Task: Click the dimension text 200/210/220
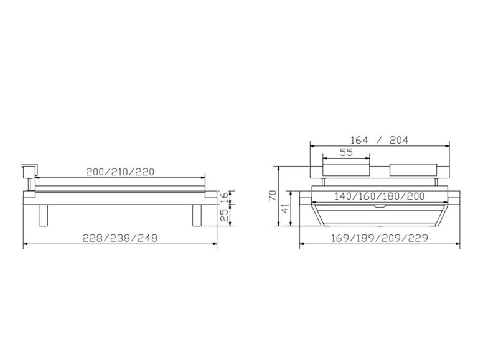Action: point(120,172)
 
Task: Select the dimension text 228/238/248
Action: point(120,238)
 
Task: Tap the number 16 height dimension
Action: point(224,197)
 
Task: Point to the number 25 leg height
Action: point(224,215)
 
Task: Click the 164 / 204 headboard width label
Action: point(379,140)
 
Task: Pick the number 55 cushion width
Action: point(346,152)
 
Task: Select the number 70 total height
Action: point(273,195)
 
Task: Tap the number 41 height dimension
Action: point(285,209)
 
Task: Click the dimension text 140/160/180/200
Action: point(380,196)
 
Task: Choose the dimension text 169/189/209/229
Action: point(380,238)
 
